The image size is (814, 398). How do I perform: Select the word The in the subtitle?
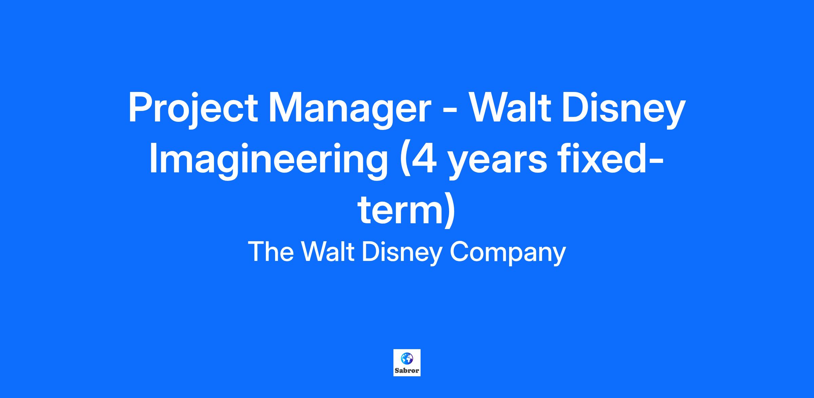click(271, 251)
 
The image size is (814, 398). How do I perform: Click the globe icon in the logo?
click(407, 358)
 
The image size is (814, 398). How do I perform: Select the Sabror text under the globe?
click(407, 371)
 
